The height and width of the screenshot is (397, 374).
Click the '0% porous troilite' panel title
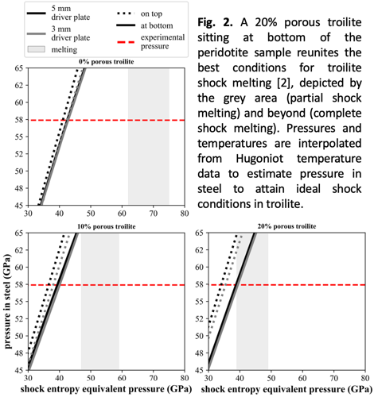106,62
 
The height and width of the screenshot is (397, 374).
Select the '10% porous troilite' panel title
106,226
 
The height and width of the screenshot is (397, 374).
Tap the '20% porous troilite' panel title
286,226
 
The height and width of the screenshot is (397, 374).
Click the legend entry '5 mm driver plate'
58,13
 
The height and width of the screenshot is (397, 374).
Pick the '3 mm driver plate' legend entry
58,33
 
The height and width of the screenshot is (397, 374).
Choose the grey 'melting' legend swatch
37,49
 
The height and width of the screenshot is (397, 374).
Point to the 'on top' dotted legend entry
139,13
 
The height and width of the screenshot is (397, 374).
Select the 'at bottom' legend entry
145,25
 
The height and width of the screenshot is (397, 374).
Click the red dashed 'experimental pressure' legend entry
150,41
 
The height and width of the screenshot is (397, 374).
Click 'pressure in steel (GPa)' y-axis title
8,301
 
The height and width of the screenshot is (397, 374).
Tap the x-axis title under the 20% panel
286,389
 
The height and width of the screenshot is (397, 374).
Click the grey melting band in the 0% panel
149,136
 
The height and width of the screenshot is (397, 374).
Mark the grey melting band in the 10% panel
100,302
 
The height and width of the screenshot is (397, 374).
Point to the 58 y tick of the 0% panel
19,120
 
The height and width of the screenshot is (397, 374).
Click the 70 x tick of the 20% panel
333,378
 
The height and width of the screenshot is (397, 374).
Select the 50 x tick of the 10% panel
91,378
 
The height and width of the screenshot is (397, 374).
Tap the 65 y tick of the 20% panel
199,233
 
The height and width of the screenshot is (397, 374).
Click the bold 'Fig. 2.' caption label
215,23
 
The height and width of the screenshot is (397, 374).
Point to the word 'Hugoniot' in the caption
259,159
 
